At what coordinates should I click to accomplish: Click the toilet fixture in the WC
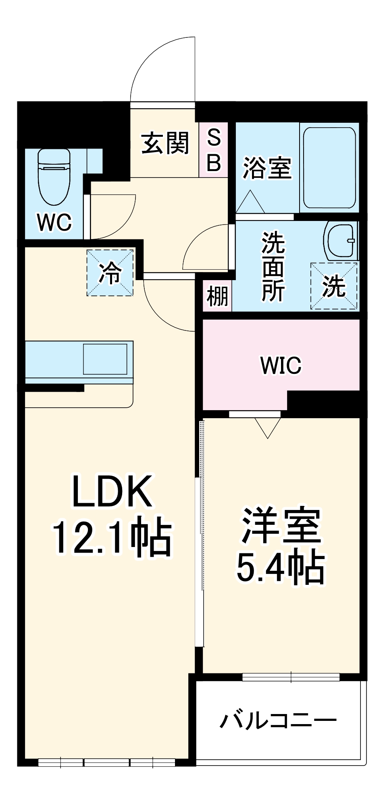(x=54, y=177)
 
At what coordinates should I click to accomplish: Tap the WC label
(x=54, y=222)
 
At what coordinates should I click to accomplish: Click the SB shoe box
(x=214, y=150)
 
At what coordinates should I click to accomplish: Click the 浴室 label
(x=267, y=168)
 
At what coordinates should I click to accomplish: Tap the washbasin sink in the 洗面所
(x=341, y=241)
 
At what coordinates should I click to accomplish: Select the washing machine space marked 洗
(x=334, y=286)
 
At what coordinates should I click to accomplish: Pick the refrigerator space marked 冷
(x=110, y=273)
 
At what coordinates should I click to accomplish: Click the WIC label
(x=281, y=365)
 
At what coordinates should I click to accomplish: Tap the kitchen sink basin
(x=105, y=359)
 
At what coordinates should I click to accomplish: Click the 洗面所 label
(x=273, y=266)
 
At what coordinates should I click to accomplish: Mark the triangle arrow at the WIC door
(x=268, y=428)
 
